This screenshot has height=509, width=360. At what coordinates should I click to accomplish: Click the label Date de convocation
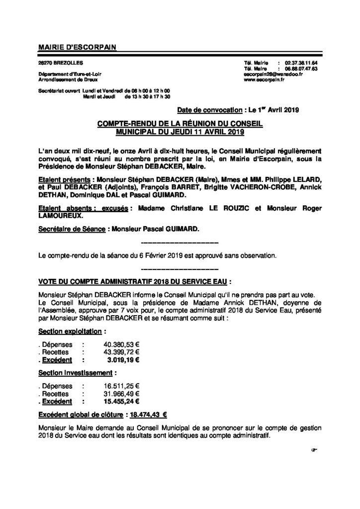205,109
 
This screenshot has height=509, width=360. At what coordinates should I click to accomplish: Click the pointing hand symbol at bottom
313,450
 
